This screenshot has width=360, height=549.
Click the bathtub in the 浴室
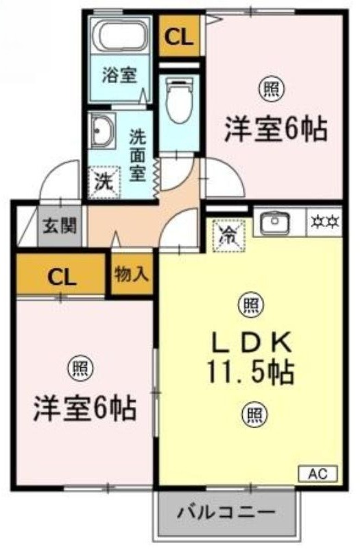(120, 35)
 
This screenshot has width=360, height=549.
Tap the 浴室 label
(119, 75)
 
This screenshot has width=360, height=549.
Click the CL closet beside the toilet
(179, 36)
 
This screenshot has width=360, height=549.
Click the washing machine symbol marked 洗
(104, 182)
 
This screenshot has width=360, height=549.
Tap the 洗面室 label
(138, 155)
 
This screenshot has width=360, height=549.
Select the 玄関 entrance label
(60, 226)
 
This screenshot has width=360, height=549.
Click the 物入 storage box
(132, 274)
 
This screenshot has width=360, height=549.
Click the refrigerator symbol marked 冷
(229, 235)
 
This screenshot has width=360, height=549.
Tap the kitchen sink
(275, 222)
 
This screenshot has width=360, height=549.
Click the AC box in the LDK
(318, 474)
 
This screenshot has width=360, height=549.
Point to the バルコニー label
(226, 513)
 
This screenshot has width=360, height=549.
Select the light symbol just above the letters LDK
(251, 305)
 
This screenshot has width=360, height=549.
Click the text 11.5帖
(250, 373)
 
